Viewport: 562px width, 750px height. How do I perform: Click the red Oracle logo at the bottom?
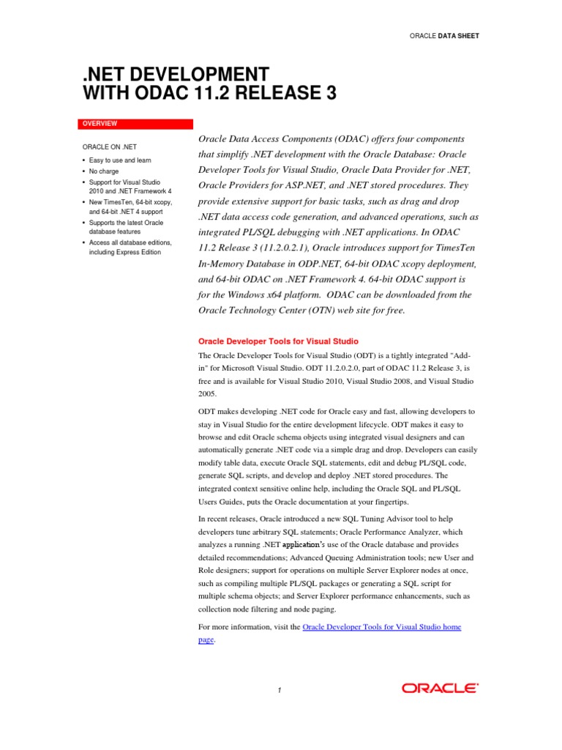[440, 688]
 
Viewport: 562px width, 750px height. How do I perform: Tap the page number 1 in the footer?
[280, 690]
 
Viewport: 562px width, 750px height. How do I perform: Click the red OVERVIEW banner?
[135, 124]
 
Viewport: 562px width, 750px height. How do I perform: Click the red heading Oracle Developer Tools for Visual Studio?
[279, 341]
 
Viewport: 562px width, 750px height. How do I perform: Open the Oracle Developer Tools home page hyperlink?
[381, 628]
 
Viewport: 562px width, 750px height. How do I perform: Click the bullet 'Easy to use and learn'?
[120, 160]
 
